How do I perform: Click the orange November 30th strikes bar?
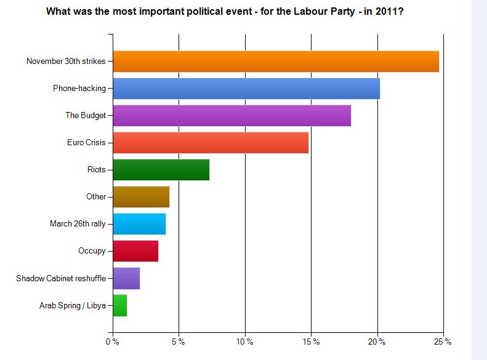[276, 62]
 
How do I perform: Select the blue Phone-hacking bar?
[246, 89]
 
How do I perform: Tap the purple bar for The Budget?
[232, 116]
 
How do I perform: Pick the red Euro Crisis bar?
[211, 143]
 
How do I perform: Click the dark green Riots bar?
[161, 170]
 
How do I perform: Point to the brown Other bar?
[141, 197]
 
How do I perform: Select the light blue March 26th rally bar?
[139, 224]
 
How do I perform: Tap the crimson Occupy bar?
[135, 251]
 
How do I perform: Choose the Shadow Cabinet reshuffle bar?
[126, 278]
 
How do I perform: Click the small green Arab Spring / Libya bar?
[120, 305]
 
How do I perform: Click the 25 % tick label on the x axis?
[443, 342]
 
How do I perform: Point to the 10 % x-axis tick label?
[245, 342]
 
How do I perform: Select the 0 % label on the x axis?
[112, 342]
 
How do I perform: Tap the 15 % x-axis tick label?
[312, 342]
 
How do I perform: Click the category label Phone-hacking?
[79, 89]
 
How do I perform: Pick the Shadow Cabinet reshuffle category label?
[61, 278]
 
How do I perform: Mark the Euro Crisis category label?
[86, 143]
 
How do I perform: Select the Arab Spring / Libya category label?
[73, 305]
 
